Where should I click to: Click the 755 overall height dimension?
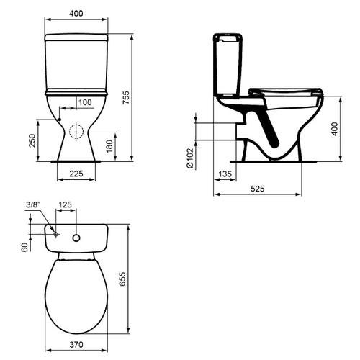(126, 97)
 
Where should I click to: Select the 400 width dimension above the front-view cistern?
(76, 14)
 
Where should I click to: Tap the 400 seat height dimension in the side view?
(335, 129)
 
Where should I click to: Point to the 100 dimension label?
(85, 102)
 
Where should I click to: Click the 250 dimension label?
(32, 140)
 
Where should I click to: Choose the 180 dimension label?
(109, 146)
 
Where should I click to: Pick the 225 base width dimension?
(76, 174)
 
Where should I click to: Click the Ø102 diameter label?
(190, 158)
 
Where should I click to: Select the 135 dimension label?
(225, 174)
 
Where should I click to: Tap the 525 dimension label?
(258, 189)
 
